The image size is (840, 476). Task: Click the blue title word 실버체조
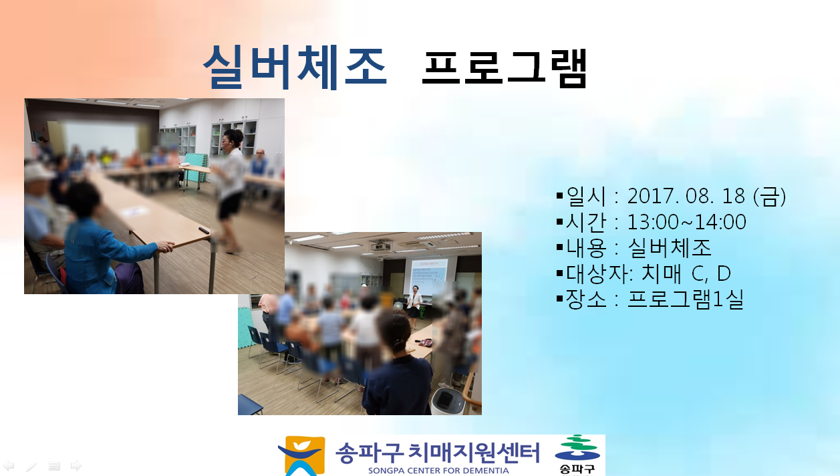pos(295,68)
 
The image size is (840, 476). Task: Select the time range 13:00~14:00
pos(686,222)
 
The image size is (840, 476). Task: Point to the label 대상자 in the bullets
pos(597,273)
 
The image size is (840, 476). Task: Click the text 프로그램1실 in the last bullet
pos(685,300)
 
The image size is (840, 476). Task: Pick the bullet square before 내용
pos(560,247)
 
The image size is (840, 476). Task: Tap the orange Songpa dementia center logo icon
pos(302,456)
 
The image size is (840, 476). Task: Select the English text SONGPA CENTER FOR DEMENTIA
pos(438,471)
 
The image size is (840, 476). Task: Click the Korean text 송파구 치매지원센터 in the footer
pos(438,453)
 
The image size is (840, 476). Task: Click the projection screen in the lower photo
pos(430,275)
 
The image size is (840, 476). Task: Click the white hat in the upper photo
pos(37,172)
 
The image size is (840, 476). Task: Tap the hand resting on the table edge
pos(165,246)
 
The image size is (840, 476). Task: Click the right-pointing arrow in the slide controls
pos(76,465)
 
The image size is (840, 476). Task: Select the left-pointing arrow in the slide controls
pos(9,465)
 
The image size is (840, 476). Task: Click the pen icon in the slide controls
pos(31,466)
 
